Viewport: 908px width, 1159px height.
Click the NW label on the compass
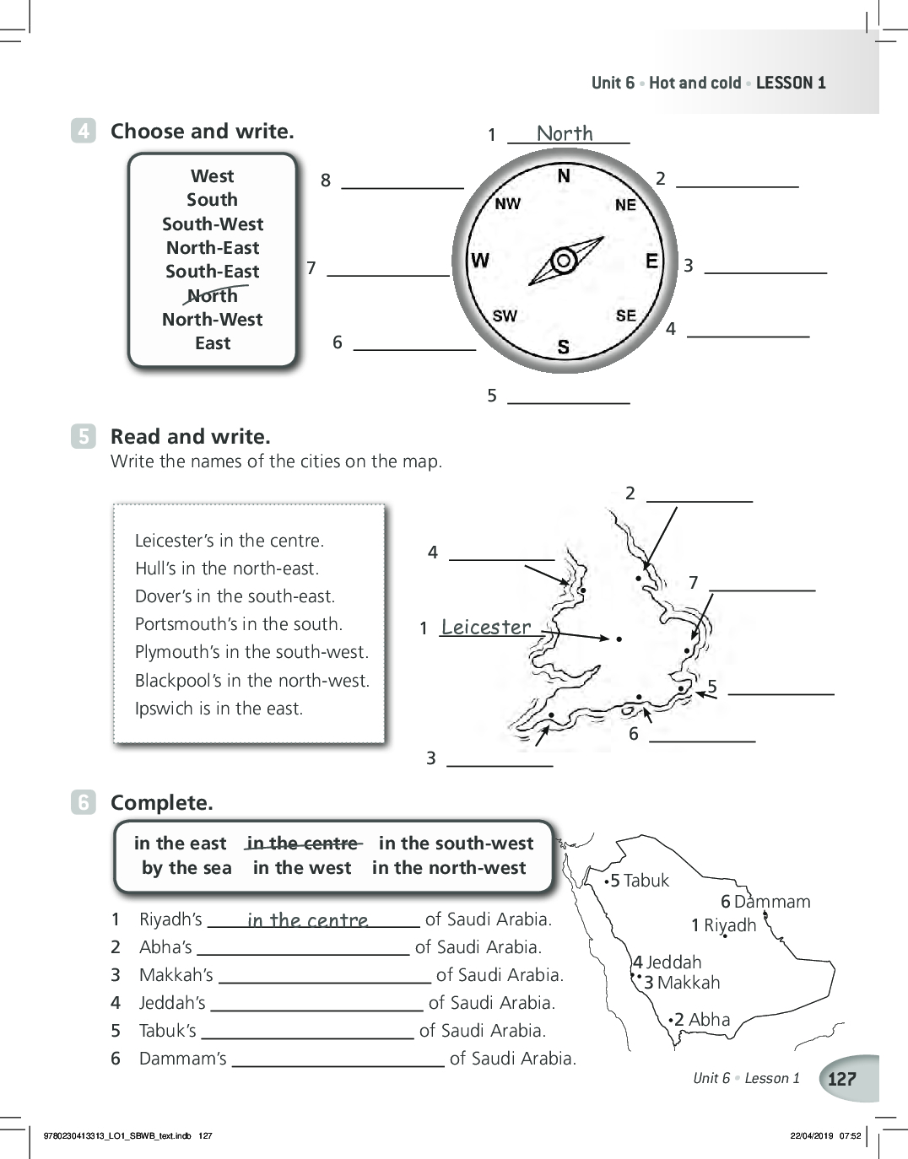pos(507,203)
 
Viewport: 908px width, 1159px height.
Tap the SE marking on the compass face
pos(626,315)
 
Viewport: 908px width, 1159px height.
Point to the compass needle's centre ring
pos(564,261)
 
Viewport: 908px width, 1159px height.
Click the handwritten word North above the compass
pos(565,132)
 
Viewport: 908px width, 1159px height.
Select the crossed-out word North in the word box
pos(213,295)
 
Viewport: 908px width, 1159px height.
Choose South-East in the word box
pos(213,271)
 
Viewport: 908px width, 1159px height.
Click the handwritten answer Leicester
pos(486,627)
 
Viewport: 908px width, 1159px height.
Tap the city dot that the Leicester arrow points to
pos(619,639)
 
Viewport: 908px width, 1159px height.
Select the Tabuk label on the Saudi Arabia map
pos(639,881)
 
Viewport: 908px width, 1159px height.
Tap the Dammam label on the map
pos(765,902)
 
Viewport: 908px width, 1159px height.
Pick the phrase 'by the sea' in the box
pos(186,868)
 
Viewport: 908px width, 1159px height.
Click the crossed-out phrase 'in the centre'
pos(302,844)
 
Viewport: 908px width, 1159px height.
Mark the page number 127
pos(841,1079)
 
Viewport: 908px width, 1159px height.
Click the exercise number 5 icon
pos(84,436)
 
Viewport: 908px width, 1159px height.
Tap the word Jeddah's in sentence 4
pos(172,1003)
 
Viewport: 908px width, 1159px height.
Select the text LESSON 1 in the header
pos(791,83)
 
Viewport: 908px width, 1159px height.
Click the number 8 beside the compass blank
pos(326,181)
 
